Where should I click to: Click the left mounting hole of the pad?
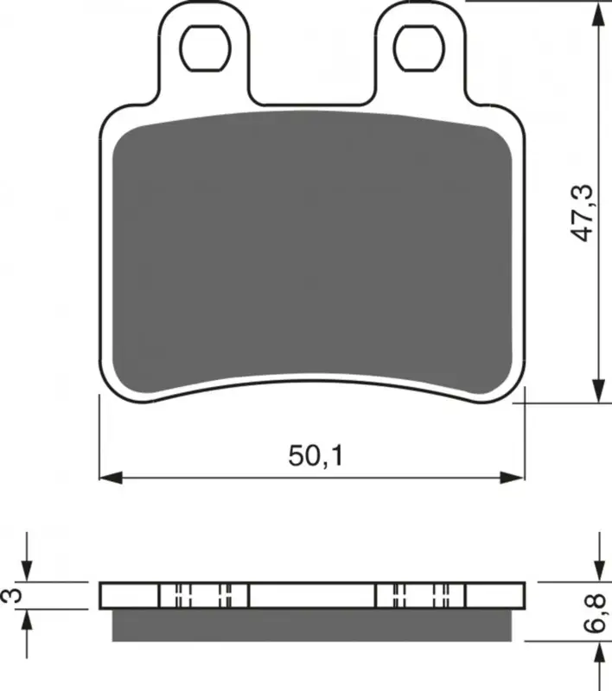206,48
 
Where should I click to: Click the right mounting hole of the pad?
419,48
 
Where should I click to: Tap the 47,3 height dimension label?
582,213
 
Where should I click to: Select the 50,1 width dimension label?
316,456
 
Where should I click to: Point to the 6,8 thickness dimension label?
598,613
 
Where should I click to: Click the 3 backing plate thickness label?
12,595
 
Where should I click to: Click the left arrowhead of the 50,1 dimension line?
111,478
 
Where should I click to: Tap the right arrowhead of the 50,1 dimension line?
513,478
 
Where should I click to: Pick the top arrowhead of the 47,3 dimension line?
598,14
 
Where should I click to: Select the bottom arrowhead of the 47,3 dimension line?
598,391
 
